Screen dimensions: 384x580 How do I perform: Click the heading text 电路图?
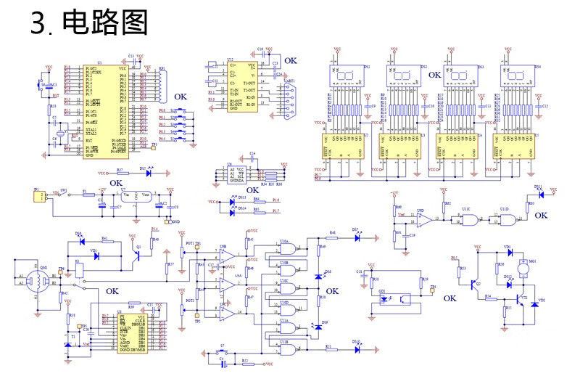[105, 23]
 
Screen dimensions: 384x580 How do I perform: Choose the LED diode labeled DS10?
[357, 349]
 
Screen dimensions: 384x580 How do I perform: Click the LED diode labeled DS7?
[357, 238]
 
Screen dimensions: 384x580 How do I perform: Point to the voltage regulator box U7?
[136, 197]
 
